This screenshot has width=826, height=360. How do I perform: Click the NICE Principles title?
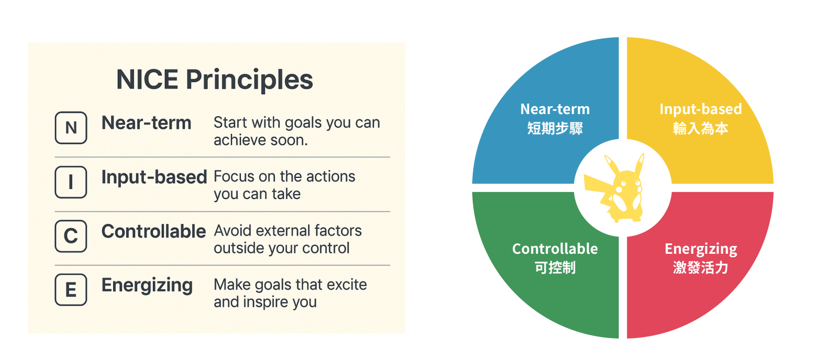point(215,80)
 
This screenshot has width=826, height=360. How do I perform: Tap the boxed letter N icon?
point(71,128)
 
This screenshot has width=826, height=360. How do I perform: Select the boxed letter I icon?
point(71,182)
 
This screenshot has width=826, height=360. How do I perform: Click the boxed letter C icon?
point(71,236)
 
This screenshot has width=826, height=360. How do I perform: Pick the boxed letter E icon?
point(71,289)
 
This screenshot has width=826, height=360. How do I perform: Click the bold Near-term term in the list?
point(147,122)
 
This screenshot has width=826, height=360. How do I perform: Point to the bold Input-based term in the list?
point(154,177)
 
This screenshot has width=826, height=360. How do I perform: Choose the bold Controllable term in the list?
point(153,231)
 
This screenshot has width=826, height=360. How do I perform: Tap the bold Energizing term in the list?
point(147,286)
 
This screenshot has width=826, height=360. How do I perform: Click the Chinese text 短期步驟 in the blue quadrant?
point(555,128)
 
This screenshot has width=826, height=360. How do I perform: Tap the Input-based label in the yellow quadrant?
point(700,109)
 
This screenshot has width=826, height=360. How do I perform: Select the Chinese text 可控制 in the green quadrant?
point(555,267)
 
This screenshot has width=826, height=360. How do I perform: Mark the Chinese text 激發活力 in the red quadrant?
point(700,267)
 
